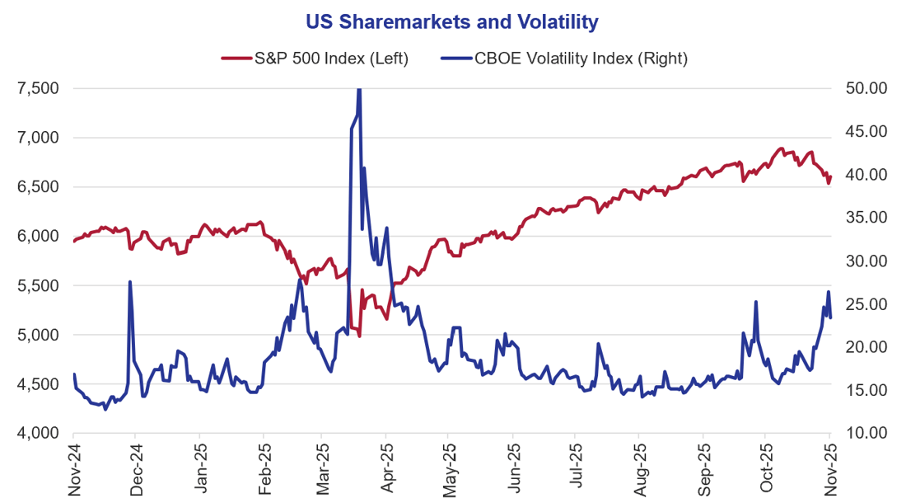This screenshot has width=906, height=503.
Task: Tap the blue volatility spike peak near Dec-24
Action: point(130,282)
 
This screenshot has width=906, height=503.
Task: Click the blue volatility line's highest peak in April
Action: point(358,89)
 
